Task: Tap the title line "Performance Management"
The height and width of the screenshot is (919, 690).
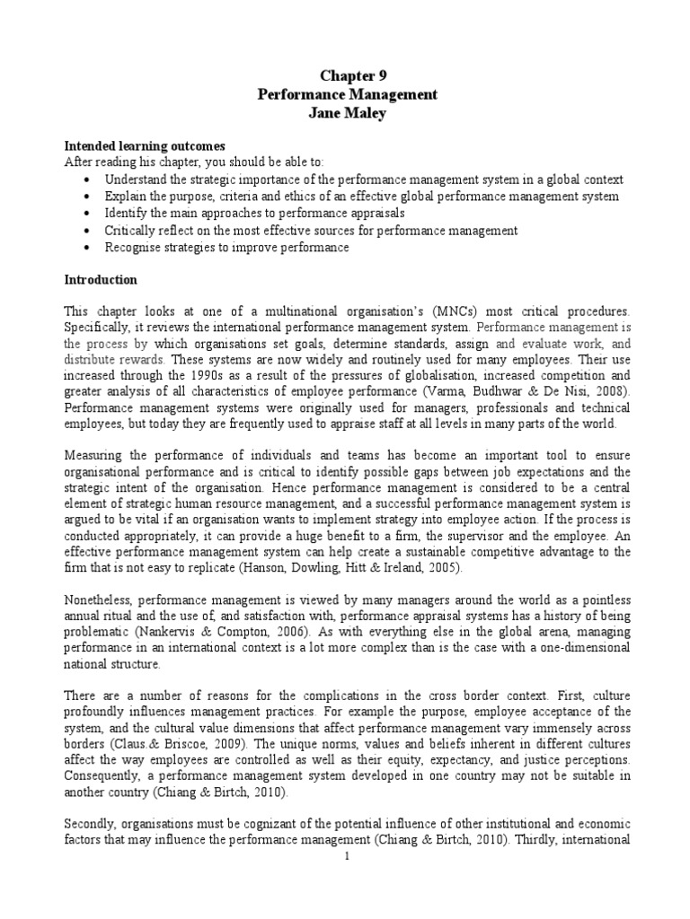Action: pyautogui.click(x=347, y=93)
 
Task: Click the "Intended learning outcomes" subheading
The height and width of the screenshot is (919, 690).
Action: pyautogui.click(x=143, y=146)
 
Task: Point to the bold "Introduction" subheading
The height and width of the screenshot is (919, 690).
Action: pyautogui.click(x=100, y=279)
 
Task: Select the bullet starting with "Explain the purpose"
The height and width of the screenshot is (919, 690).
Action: pyautogui.click(x=359, y=197)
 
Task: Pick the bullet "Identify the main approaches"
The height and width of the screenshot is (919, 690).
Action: pyautogui.click(x=254, y=214)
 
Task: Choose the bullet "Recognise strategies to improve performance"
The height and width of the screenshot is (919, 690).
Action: pyautogui.click(x=226, y=247)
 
